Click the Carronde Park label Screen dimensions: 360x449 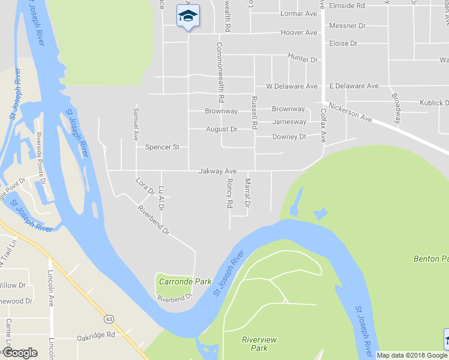tap(176, 281)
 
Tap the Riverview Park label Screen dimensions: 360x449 tap(259, 344)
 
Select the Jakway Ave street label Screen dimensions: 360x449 tap(218, 172)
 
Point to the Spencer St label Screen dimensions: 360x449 tap(162, 147)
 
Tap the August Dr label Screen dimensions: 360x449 tap(221, 129)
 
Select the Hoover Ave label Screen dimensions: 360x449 tap(298, 32)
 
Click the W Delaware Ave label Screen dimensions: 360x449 tap(292, 86)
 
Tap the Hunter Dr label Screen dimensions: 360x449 tap(303, 59)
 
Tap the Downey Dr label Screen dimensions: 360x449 tap(289, 137)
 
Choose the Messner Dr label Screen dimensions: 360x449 tap(348, 26)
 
